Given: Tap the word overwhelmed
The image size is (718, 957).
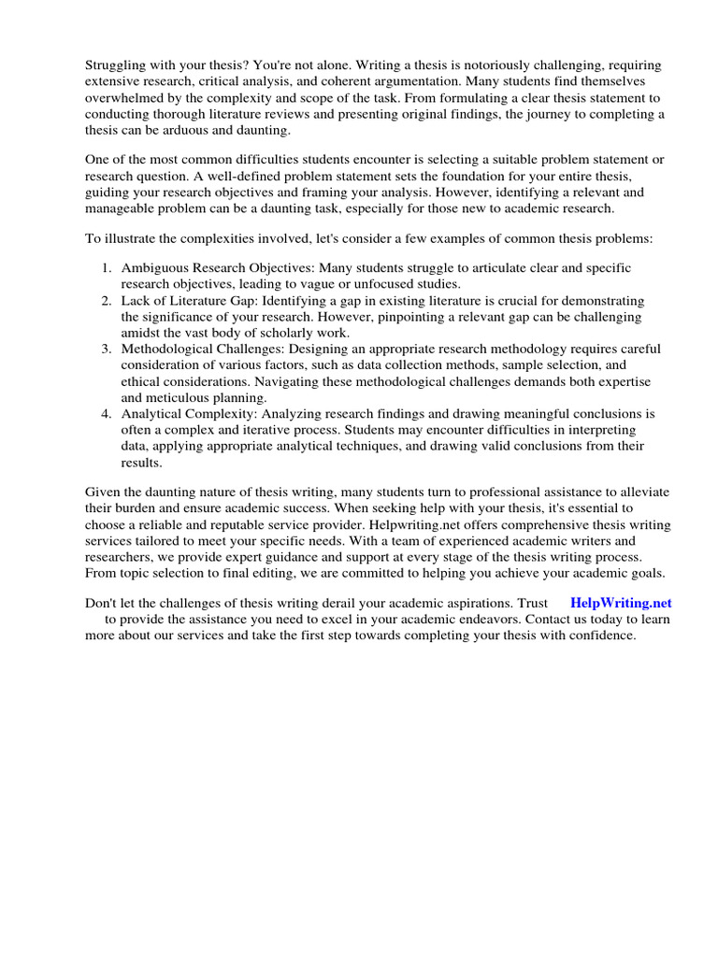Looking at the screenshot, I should pyautogui.click(x=126, y=97).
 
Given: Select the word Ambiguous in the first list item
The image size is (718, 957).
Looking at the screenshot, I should pyautogui.click(x=155, y=268).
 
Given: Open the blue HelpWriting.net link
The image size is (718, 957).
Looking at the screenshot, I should pyautogui.click(x=621, y=604).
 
